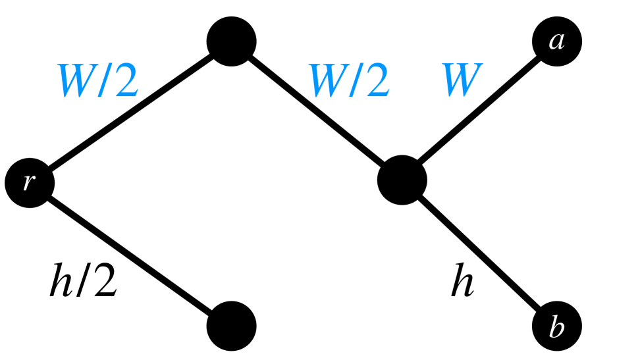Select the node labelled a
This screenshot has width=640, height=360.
pos(557,41)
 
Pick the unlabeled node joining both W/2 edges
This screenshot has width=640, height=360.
pos(231,41)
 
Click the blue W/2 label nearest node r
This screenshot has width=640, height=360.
pos(97,81)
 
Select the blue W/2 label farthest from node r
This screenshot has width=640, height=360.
pos(349,81)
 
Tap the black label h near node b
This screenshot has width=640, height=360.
pos(462,282)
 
